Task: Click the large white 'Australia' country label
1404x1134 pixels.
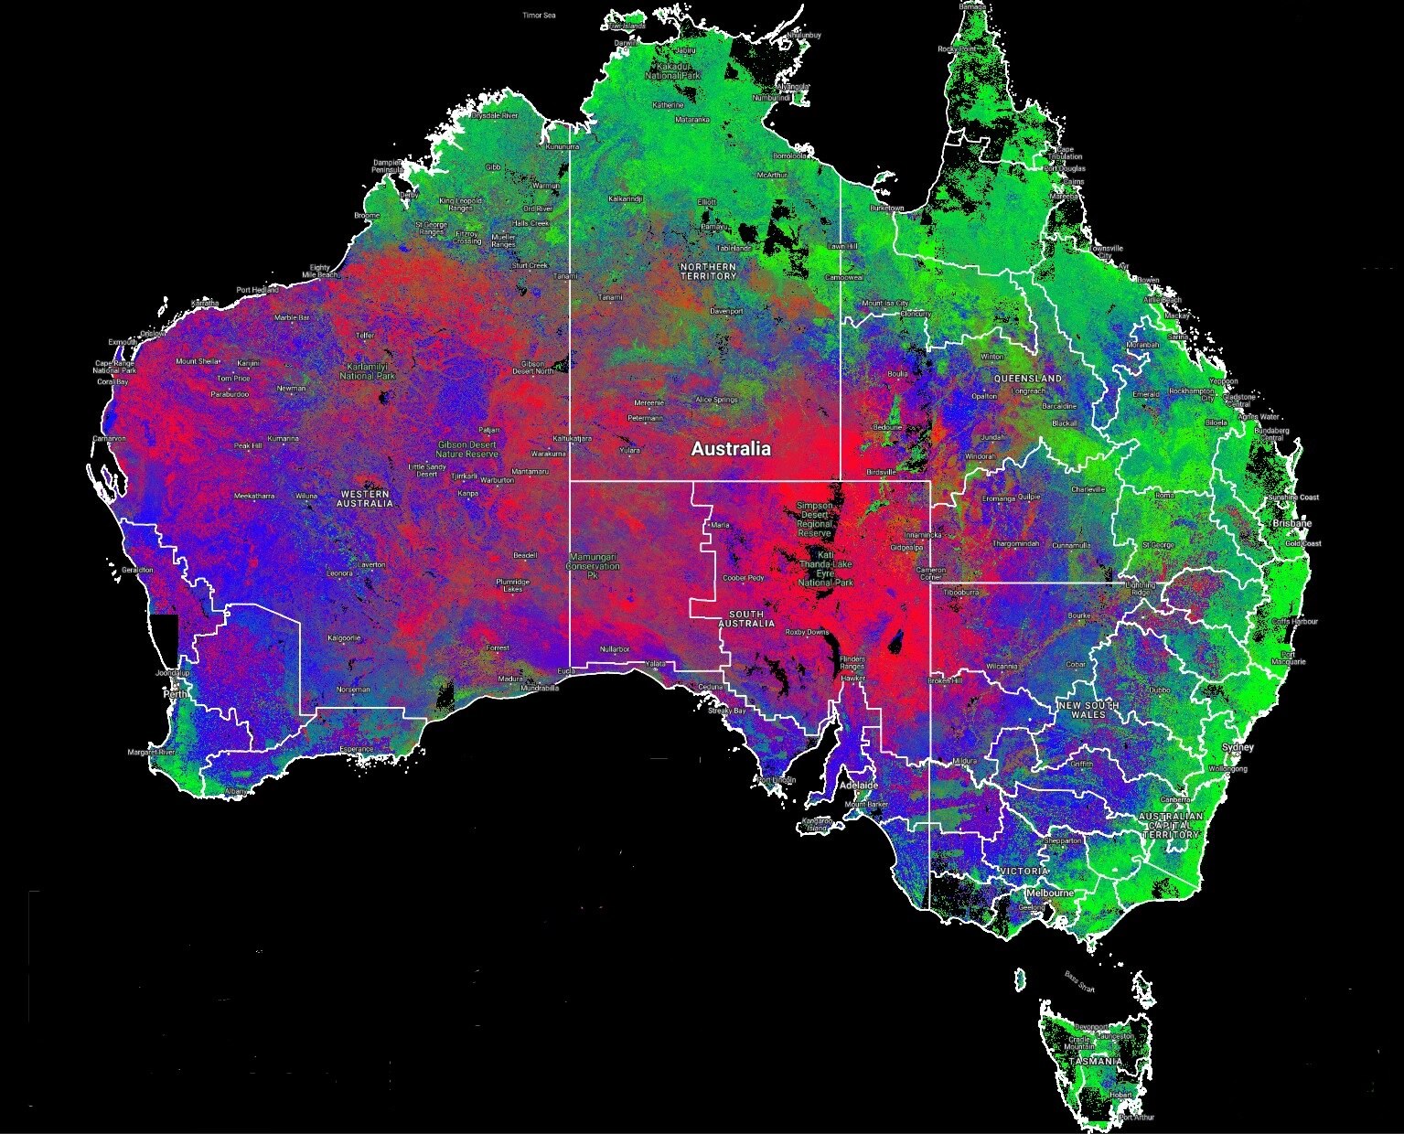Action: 730,449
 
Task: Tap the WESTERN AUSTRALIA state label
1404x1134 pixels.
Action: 364,498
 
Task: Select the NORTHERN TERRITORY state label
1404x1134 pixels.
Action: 708,271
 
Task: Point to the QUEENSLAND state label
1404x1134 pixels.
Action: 1029,378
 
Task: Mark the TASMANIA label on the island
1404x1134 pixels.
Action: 1095,1061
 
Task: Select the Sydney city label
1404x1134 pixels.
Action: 1238,747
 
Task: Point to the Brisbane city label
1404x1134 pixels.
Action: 1292,523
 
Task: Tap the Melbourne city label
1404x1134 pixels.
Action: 1049,892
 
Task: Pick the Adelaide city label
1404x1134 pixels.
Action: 859,786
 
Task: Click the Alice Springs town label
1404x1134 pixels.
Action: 716,400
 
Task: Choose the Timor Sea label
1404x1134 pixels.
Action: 539,16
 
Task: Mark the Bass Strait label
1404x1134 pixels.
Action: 1079,982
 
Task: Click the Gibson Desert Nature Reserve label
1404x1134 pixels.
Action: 467,449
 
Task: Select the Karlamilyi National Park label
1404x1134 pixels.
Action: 367,370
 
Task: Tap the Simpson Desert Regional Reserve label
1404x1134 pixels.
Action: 814,519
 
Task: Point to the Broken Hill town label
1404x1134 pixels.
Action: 945,680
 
